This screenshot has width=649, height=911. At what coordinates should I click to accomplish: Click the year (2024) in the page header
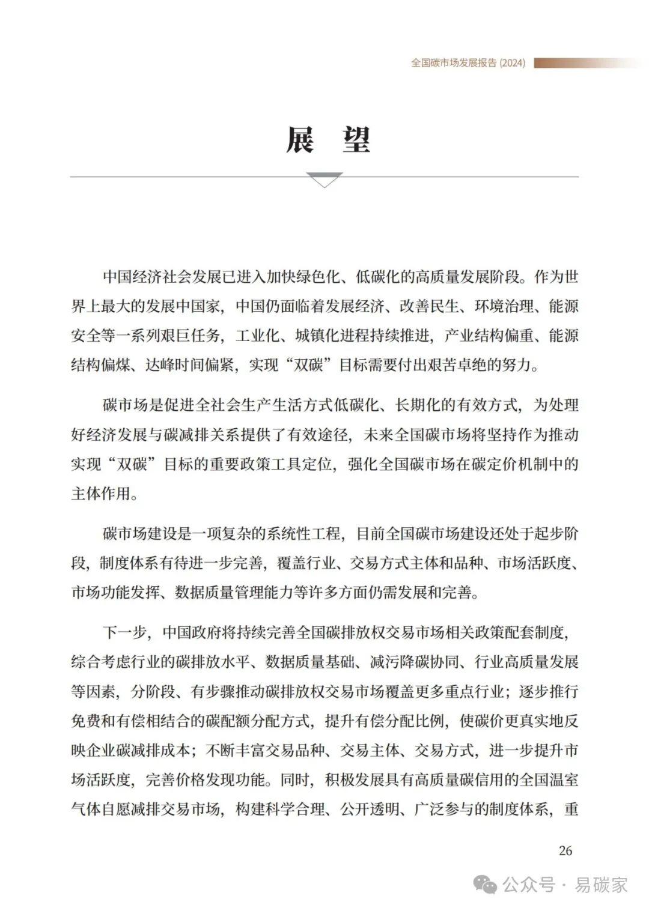click(512, 63)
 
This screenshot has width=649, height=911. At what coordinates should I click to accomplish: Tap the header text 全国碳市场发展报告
click(454, 63)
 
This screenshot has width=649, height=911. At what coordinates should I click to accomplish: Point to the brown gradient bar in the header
click(586, 63)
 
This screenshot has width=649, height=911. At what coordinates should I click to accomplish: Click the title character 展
click(299, 141)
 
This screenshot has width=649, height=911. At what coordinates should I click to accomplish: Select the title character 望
click(356, 141)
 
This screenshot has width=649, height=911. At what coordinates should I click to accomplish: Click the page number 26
click(565, 850)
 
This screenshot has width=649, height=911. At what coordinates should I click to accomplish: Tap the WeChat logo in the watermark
click(485, 885)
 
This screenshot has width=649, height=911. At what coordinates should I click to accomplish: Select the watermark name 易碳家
click(601, 885)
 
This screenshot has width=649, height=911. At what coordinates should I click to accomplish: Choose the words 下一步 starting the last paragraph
click(124, 633)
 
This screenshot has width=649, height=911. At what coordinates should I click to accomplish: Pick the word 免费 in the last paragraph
click(86, 721)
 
